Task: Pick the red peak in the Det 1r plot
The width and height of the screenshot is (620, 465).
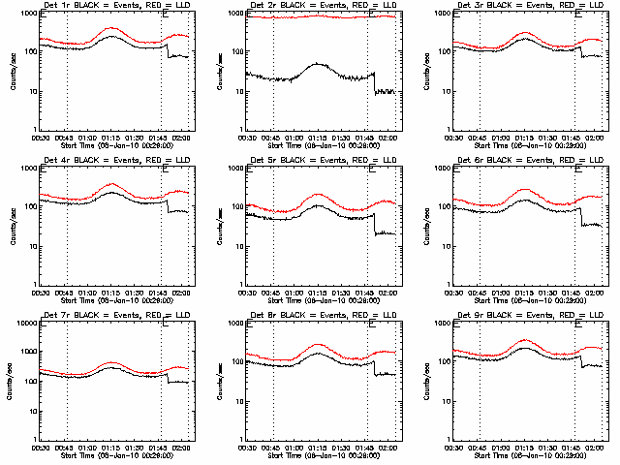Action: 111,29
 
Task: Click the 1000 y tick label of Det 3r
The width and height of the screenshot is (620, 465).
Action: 432,14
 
